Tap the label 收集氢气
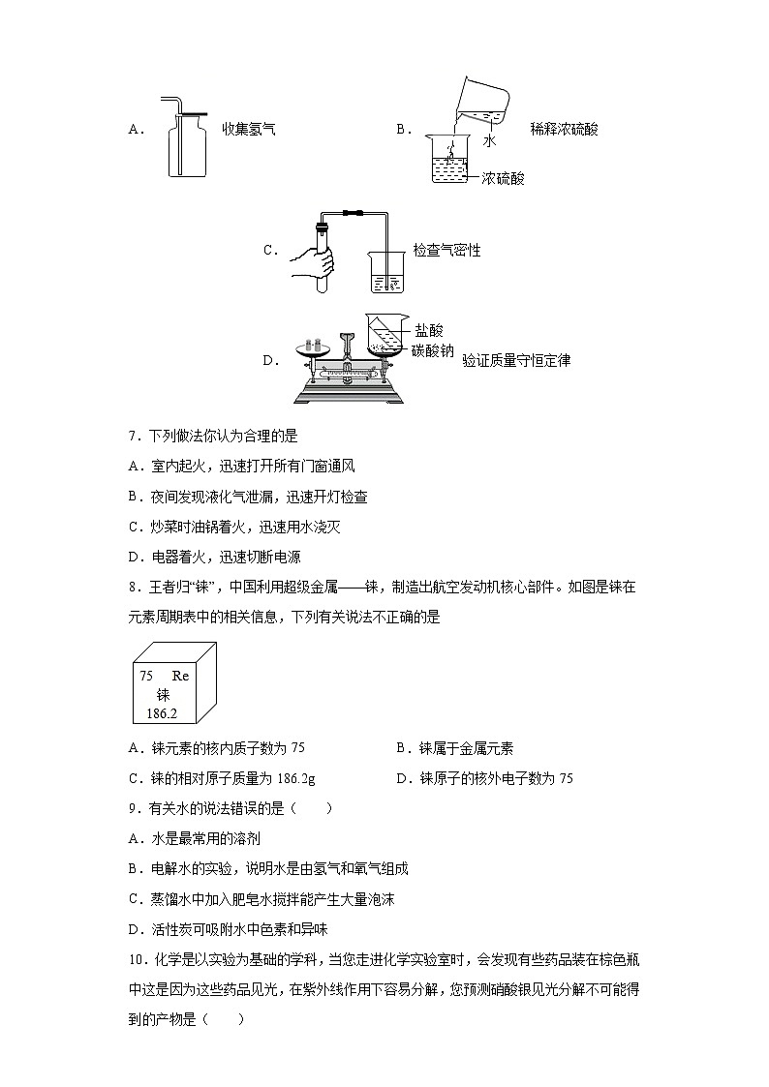[x=249, y=129]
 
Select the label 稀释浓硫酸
[x=565, y=129]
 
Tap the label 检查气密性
[x=446, y=251]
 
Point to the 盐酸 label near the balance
[x=429, y=331]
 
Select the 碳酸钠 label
[x=433, y=350]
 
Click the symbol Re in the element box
[x=180, y=676]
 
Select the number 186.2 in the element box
[x=162, y=713]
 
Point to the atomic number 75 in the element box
[x=146, y=676]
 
